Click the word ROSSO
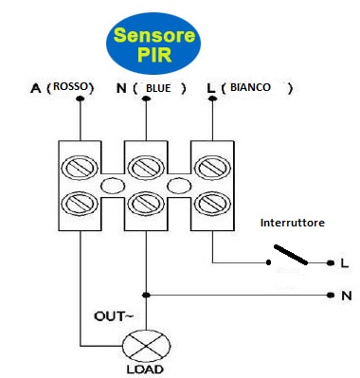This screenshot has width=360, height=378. click(x=75, y=87)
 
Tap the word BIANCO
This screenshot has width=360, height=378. click(x=250, y=87)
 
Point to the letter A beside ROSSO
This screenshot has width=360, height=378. click(x=35, y=88)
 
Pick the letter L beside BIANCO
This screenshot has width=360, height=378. click(x=210, y=88)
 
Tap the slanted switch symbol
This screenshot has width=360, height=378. click(x=289, y=255)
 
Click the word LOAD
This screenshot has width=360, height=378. click(x=145, y=369)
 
